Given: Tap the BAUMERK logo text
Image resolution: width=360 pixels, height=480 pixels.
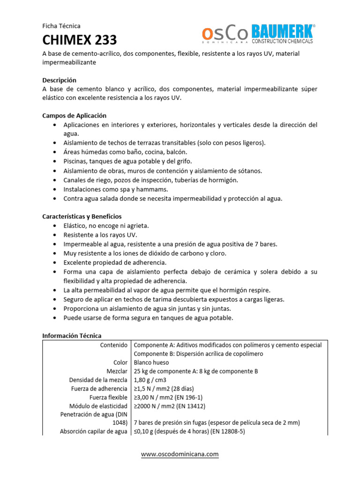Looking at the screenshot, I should click(283, 32).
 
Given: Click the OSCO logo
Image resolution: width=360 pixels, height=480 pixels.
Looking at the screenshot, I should click(225, 34).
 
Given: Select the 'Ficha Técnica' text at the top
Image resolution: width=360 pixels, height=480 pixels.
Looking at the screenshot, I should click(61, 26).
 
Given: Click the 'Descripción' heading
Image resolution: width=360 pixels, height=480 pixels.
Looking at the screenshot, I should click(59, 80).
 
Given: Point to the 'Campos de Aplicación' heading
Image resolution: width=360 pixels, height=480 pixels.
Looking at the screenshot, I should click(75, 115).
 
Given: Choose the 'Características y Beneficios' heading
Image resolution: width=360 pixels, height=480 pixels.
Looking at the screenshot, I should click(82, 216).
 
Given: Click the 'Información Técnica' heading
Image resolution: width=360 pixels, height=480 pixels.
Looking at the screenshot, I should click(72, 336).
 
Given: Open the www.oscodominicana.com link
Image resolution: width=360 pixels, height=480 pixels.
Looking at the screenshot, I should click(180, 454).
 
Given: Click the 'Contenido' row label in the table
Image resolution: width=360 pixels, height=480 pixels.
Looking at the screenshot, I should click(113, 345).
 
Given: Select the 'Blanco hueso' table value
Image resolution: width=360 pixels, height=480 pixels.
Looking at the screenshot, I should click(151, 362).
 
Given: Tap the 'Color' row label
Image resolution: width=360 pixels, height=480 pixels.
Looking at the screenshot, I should click(120, 362).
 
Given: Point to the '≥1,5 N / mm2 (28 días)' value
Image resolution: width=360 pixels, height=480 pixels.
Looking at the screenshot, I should click(164, 389).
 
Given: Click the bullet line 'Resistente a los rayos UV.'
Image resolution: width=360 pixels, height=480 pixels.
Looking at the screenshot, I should click(100, 235).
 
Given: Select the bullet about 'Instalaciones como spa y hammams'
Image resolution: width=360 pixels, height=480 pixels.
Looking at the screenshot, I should click(115, 189).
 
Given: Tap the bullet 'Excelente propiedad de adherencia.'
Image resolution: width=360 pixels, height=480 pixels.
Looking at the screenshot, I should click(115, 262).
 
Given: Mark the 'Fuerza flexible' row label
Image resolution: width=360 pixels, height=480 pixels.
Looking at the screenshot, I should click(108, 397).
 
